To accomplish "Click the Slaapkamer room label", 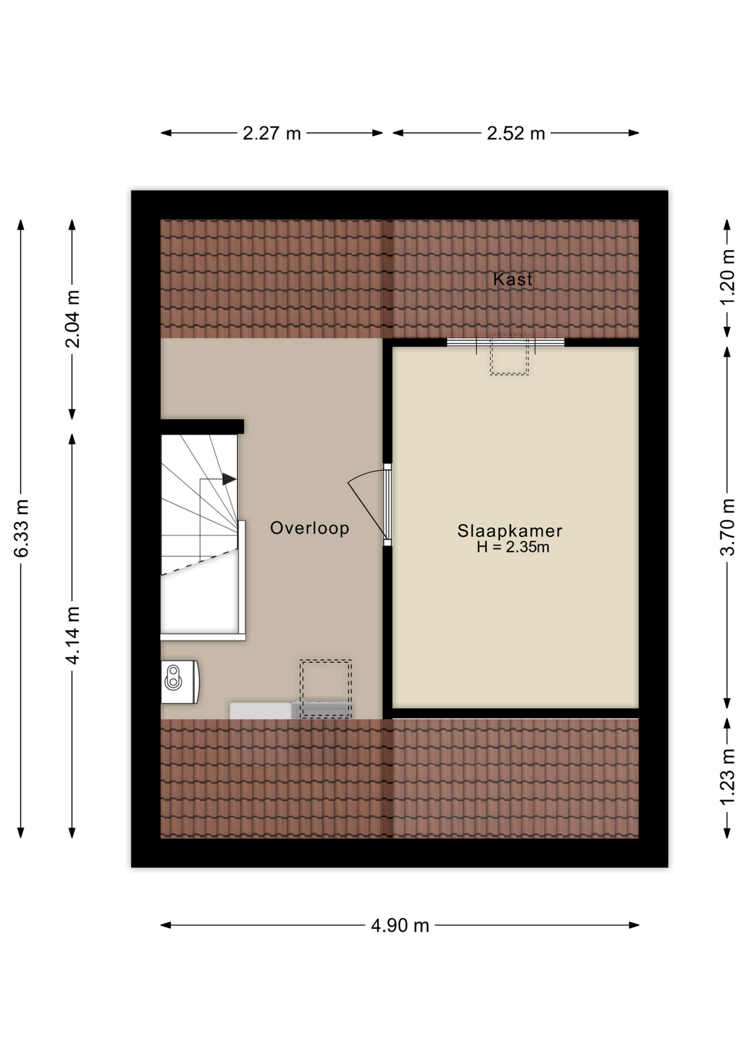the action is pyautogui.click(x=509, y=531).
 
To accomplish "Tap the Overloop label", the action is pyautogui.click(x=310, y=528).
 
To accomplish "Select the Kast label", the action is pyautogui.click(x=513, y=279).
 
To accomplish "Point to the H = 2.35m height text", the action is pyautogui.click(x=513, y=547).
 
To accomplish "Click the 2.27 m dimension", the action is pyautogui.click(x=272, y=133).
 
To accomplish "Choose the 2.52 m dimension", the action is pyautogui.click(x=516, y=133).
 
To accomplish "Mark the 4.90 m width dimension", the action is pyautogui.click(x=400, y=926).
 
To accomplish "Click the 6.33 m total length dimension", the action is pyautogui.click(x=21, y=528).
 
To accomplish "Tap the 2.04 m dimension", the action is pyautogui.click(x=72, y=319).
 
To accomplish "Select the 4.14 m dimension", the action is pyautogui.click(x=72, y=635).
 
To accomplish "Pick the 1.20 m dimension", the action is pyautogui.click(x=728, y=277).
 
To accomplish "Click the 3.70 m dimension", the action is pyautogui.click(x=728, y=527).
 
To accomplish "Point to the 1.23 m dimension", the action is pyautogui.click(x=728, y=777).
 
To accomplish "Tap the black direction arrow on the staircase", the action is pyautogui.click(x=229, y=479).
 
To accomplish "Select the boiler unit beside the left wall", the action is pyautogui.click(x=180, y=682).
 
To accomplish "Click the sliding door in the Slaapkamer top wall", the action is pyautogui.click(x=506, y=342).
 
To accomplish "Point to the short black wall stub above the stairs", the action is pyautogui.click(x=202, y=427).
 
